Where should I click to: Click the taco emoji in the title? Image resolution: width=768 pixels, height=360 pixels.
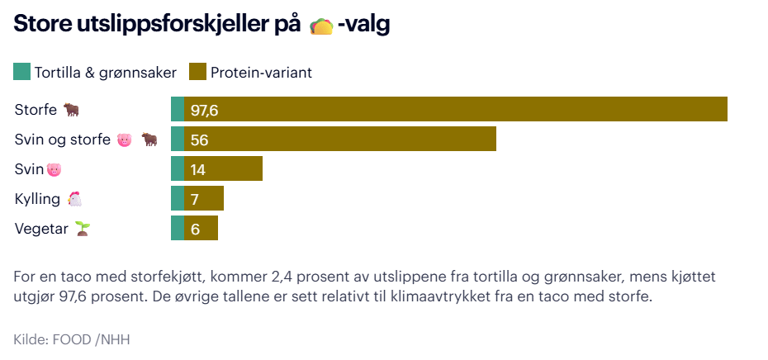pyautogui.click(x=320, y=26)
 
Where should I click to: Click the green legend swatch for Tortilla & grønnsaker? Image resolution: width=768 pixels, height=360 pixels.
pyautogui.click(x=21, y=72)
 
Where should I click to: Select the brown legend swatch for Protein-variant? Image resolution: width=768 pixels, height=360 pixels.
pyautogui.click(x=197, y=72)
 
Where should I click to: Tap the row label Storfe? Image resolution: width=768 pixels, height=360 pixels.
pyautogui.click(x=36, y=109)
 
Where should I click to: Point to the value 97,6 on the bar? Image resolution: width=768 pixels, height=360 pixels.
pyautogui.click(x=204, y=110)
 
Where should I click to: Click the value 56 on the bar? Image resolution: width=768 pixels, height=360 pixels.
pyautogui.click(x=199, y=140)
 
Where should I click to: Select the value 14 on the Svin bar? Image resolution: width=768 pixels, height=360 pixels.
pyautogui.click(x=198, y=169)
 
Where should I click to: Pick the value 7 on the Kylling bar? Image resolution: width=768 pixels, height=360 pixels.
pyautogui.click(x=195, y=199)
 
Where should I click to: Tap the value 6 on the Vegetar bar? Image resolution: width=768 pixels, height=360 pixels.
pyautogui.click(x=195, y=229)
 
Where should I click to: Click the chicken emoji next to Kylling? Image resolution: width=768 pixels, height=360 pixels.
pyautogui.click(x=75, y=199)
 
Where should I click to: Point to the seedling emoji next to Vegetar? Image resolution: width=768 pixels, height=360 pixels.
pyautogui.click(x=82, y=228)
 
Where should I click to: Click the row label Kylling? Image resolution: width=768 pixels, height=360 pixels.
pyautogui.click(x=37, y=199)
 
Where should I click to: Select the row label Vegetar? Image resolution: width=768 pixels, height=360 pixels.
pyautogui.click(x=41, y=229)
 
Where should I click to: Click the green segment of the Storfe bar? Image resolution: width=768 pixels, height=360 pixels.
pyautogui.click(x=178, y=109)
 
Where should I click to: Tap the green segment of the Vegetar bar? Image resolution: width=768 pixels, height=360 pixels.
pyautogui.click(x=178, y=228)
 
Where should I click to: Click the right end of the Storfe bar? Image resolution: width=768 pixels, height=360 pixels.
pyautogui.click(x=724, y=109)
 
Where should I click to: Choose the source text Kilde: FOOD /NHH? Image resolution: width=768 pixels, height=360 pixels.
pyautogui.click(x=72, y=339)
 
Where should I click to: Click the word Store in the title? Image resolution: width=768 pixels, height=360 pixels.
pyautogui.click(x=41, y=26)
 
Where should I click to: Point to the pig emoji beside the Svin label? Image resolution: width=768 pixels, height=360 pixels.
pyautogui.click(x=55, y=169)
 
